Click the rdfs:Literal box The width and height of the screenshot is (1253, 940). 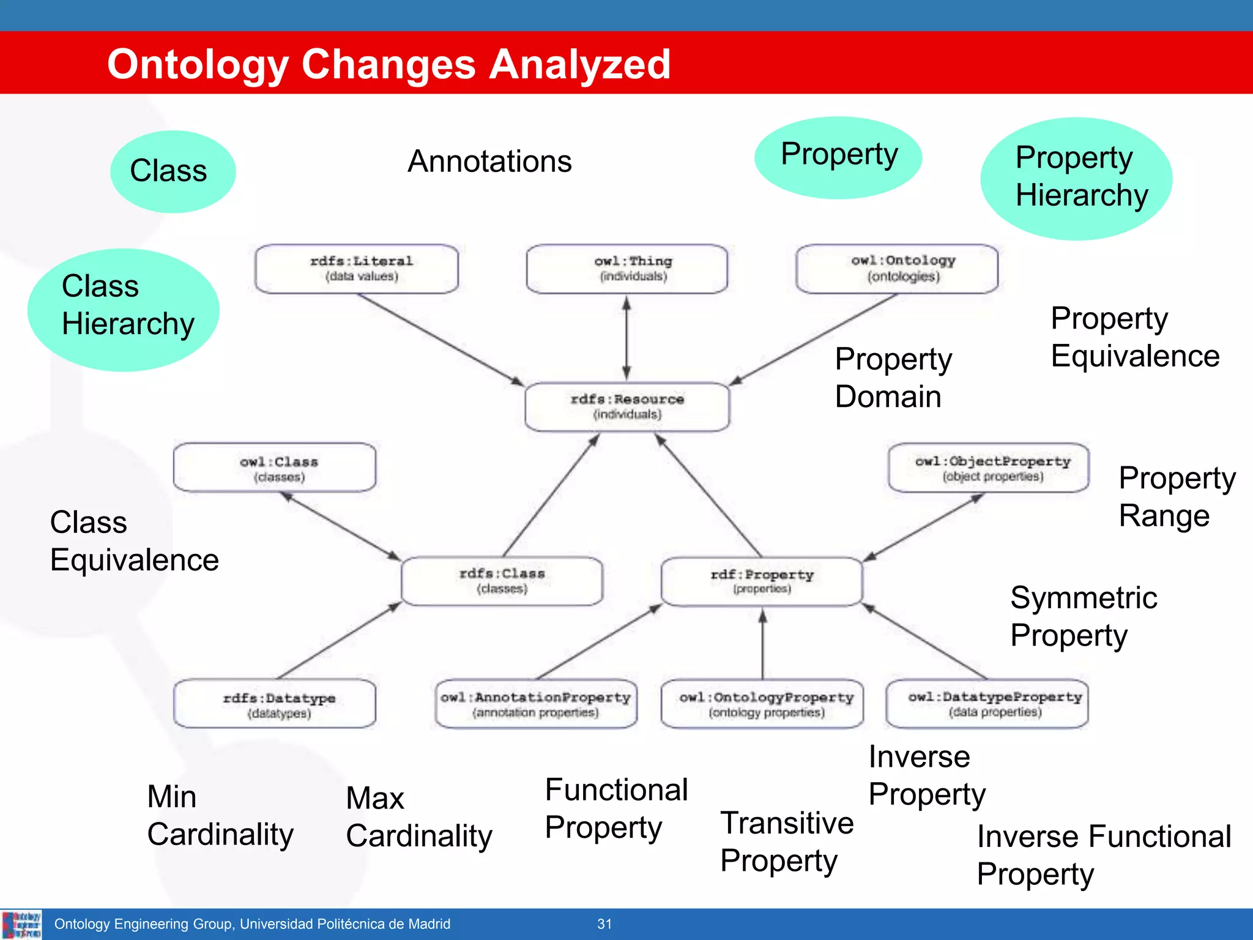pos(357,269)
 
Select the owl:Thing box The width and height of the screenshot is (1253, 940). pos(627,269)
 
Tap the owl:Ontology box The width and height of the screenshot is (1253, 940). pos(897,269)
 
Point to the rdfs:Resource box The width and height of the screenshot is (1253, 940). pos(627,407)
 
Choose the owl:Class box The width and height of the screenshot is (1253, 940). pos(275,468)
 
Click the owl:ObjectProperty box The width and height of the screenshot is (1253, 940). pos(989,468)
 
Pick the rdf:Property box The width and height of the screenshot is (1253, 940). pos(762,581)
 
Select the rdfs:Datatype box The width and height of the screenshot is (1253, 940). pos(275,704)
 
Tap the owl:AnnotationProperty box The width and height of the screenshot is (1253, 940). pos(536,704)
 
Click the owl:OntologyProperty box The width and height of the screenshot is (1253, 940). pos(762,704)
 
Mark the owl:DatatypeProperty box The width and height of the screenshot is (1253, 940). pos(987,704)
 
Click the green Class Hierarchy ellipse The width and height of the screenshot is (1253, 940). pos(124,310)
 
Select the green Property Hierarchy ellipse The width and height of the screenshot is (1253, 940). pos(1076,178)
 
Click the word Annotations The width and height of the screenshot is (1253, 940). pos(489,162)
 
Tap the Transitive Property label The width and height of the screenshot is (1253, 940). pos(786,841)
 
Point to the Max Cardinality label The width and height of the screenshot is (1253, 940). pos(418,817)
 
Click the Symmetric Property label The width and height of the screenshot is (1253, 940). pos(1083,616)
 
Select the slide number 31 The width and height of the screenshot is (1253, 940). pos(604,924)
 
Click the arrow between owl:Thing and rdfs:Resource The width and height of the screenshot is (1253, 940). pos(626,338)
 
